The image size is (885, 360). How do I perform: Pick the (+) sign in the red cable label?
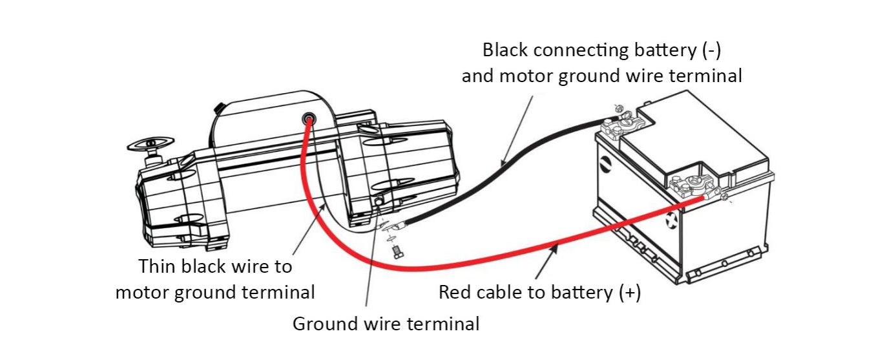[630, 292]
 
